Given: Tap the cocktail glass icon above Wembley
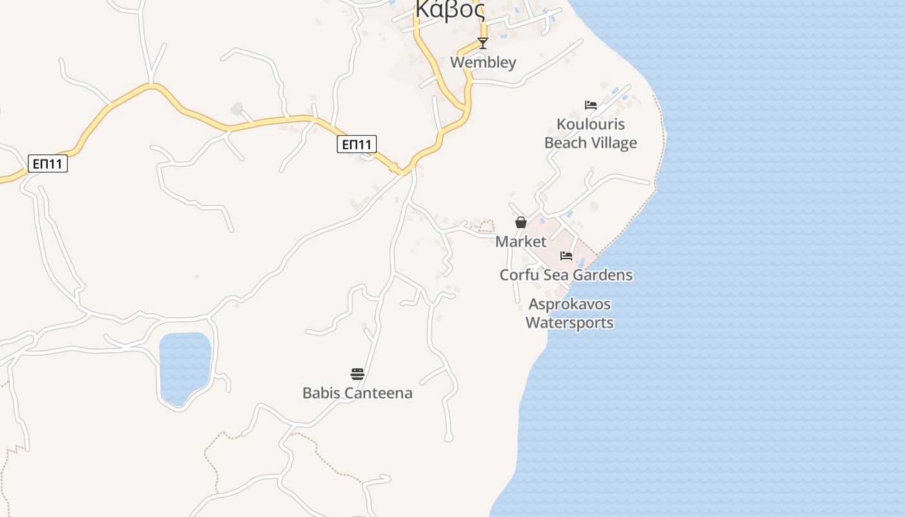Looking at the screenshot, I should pos(482,43).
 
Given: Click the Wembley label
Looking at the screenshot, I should pos(483,62).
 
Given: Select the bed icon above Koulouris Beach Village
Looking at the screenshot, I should pos(590,105).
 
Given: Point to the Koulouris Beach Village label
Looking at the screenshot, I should pos(591,133).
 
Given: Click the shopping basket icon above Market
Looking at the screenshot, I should pos(521,222).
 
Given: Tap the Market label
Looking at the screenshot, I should pos(521,242).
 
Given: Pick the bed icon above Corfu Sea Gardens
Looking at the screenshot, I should pos(566,256).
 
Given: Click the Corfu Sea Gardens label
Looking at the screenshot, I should pos(566,275).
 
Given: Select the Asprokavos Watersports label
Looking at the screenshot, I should pos(570,313).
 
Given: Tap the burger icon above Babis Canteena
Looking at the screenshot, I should pos(357,374).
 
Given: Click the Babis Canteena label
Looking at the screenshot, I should pos(357,393).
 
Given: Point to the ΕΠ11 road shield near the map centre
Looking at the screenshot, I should pos(357,144).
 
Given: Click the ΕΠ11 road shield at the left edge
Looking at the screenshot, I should pos(48,164).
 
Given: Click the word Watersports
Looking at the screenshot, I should pos(570,322).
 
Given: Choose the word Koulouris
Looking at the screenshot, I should pos(591,124).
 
